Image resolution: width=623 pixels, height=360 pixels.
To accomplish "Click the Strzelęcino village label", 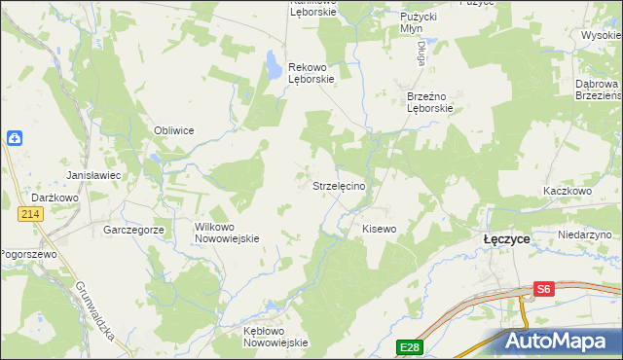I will (x=338, y=186).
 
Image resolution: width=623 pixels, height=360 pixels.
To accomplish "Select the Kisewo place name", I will (x=380, y=229).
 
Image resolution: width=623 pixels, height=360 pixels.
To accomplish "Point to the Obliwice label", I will (x=174, y=130).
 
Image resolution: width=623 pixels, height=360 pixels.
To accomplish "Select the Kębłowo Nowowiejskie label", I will (x=275, y=337).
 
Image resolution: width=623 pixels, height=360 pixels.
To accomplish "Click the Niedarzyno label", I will (x=585, y=235).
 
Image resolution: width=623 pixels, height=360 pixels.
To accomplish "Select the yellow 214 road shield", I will (x=32, y=213).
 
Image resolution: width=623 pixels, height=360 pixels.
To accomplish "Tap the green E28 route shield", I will (x=409, y=346).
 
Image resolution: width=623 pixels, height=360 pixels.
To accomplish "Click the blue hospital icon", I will (x=15, y=138).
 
